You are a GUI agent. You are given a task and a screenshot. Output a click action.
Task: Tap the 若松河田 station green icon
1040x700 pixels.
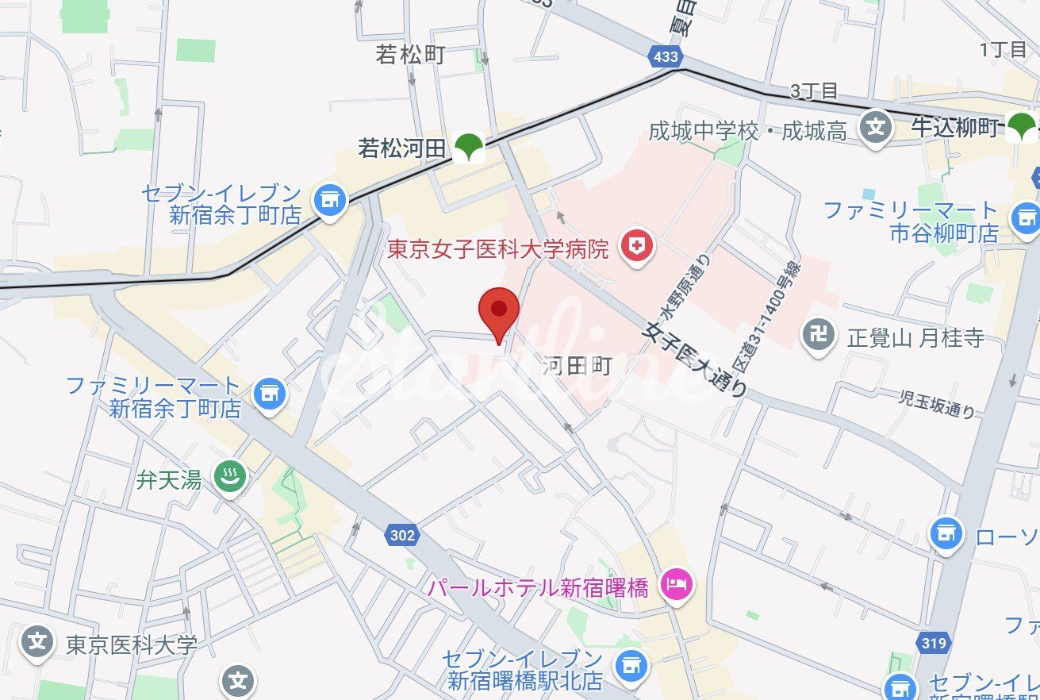[x=470, y=147]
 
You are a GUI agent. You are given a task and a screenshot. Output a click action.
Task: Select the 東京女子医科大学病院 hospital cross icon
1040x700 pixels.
[x=636, y=248]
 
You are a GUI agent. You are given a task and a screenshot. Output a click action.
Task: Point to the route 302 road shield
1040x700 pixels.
[x=402, y=535]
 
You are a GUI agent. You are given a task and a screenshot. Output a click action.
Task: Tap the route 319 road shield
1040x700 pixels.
[x=934, y=643]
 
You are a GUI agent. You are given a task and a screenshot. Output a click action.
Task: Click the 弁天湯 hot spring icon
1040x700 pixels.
[x=230, y=478]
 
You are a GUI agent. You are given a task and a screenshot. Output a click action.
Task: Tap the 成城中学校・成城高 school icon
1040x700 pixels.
[x=875, y=128]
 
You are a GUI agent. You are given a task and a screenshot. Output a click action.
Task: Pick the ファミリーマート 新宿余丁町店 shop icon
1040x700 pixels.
[x=270, y=394]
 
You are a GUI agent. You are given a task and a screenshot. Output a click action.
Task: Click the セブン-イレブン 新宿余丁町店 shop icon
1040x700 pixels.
[x=329, y=201]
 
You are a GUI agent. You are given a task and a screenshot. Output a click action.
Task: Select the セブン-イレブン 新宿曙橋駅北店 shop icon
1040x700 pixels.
[x=631, y=663]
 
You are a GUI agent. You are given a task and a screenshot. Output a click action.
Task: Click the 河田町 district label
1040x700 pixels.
[x=578, y=366]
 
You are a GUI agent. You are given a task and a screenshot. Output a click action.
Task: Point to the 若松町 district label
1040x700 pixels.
[x=410, y=55]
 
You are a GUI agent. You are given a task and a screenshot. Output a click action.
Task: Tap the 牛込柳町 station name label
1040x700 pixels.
[x=954, y=127]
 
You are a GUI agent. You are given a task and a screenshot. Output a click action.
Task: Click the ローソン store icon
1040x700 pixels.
[x=946, y=536]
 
